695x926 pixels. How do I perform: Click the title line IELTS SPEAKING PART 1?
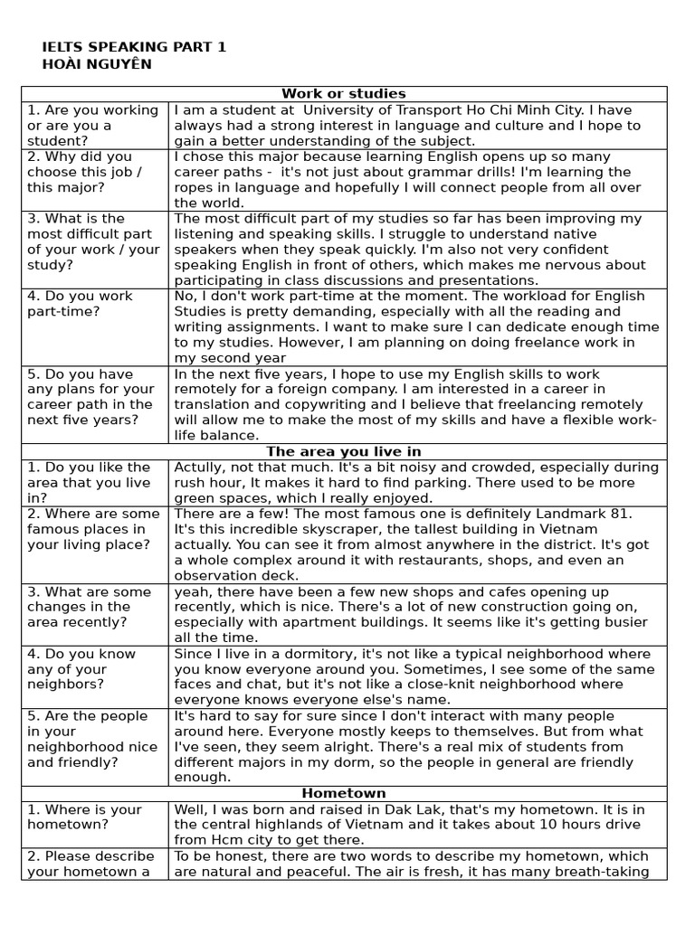pos(135,47)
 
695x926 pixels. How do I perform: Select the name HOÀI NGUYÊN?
pos(97,64)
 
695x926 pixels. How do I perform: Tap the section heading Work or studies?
pos(343,94)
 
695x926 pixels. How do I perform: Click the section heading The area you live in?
pos(343,451)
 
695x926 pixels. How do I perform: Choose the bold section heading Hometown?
pos(343,793)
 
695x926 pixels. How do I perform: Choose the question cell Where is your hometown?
pos(84,817)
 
